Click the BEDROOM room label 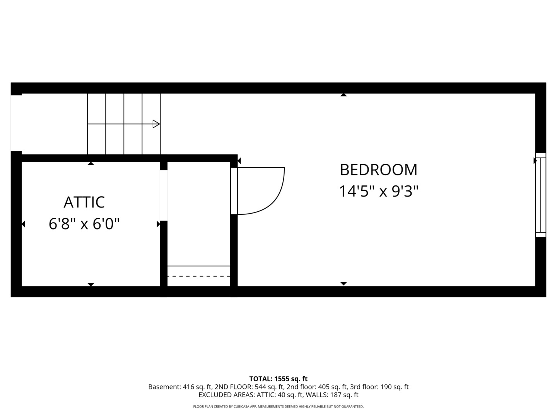pyautogui.click(x=378, y=170)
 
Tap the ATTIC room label pyautogui.click(x=84, y=202)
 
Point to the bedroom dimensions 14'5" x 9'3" pyautogui.click(x=378, y=191)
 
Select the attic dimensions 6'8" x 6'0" pyautogui.click(x=84, y=224)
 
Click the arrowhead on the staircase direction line pyautogui.click(x=156, y=124)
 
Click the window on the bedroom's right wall pyautogui.click(x=540, y=195)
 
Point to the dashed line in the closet pyautogui.click(x=199, y=276)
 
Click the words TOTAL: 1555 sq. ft pyautogui.click(x=278, y=379)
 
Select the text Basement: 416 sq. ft pyautogui.click(x=180, y=387)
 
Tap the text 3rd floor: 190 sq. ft pyautogui.click(x=379, y=387)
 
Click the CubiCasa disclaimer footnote pyautogui.click(x=278, y=406)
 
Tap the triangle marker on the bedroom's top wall pyautogui.click(x=343, y=95)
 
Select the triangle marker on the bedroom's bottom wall pyautogui.click(x=343, y=283)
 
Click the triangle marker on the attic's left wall pyautogui.click(x=23, y=224)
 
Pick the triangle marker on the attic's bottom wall pyautogui.click(x=91, y=284)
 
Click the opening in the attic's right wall pyautogui.click(x=164, y=195)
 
